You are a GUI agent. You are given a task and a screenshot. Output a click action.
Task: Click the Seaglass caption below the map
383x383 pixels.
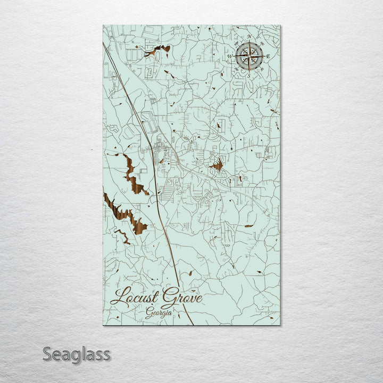tap(77, 354)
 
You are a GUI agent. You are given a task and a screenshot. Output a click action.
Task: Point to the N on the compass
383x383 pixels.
tap(249, 37)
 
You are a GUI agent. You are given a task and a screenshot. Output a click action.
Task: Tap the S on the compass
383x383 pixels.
tap(248, 75)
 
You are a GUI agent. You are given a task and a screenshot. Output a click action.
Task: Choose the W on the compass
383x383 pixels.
tap(230, 56)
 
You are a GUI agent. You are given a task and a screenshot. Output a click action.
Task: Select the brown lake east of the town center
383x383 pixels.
tap(217, 166)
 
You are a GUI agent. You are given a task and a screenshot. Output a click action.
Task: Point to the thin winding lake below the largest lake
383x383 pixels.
tap(122, 235)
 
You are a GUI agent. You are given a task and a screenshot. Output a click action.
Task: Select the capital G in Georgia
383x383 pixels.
tap(149, 313)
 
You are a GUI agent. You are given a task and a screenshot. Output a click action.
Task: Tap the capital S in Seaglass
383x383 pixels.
tap(47, 354)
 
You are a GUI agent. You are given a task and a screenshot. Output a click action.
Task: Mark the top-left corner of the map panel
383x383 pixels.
tap(103, 26)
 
